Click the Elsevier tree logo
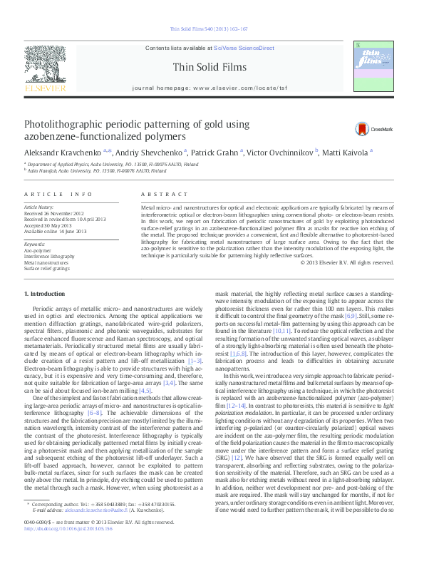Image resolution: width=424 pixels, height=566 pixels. click(x=45, y=65)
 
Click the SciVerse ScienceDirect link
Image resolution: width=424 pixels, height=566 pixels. click(x=244, y=47)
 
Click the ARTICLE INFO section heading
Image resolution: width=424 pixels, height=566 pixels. click(x=58, y=194)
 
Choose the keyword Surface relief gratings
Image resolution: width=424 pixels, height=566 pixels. click(x=47, y=269)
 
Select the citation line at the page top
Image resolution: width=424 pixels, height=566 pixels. click(x=210, y=29)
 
